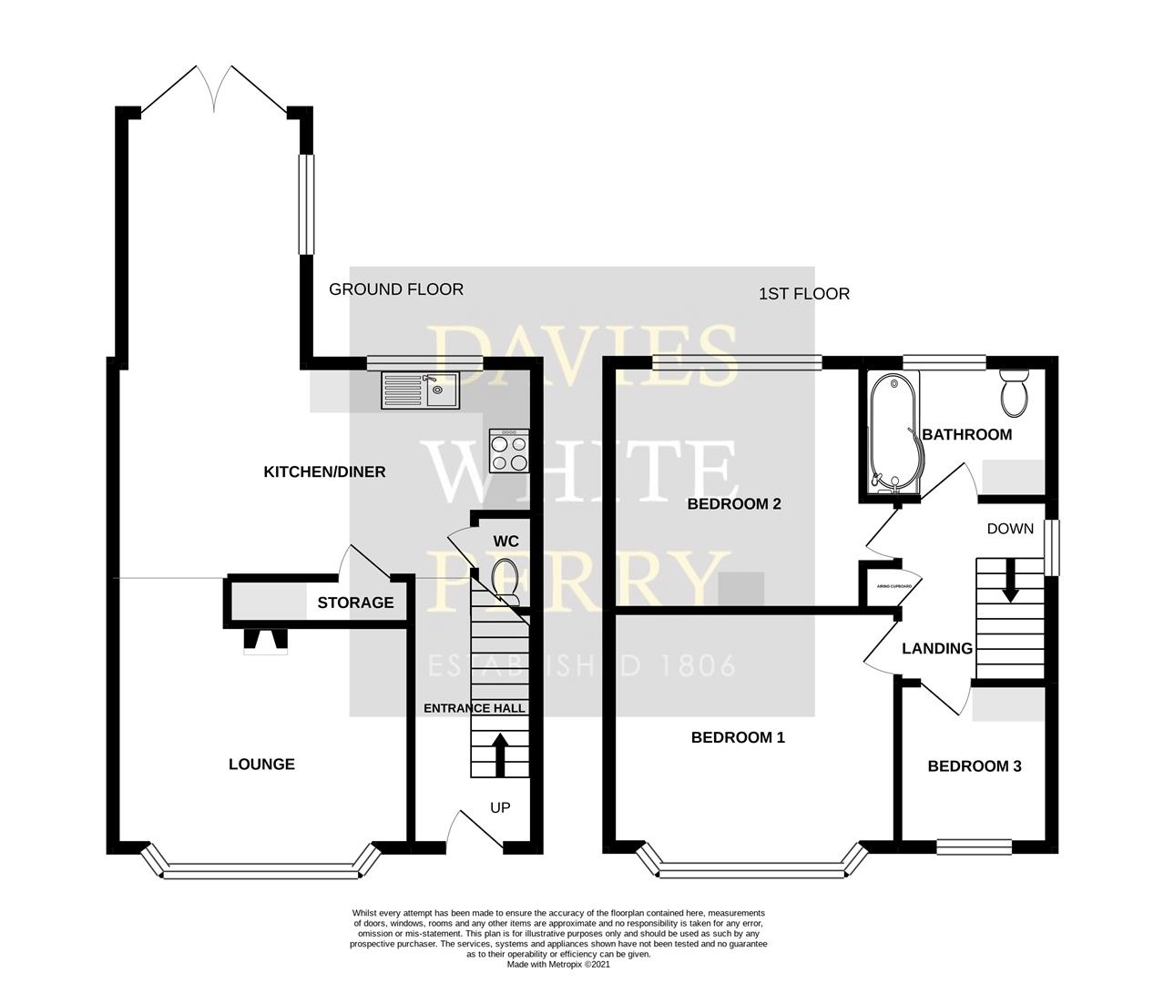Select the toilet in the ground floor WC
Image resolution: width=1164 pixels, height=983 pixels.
tap(505, 581)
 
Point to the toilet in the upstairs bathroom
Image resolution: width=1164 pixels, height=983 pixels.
tap(1013, 392)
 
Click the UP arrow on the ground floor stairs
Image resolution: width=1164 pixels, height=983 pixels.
tap(500, 753)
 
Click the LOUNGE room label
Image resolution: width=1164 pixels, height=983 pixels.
tap(261, 765)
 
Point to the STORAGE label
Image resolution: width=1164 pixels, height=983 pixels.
tap(355, 603)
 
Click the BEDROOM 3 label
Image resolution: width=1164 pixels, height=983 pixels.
tap(974, 766)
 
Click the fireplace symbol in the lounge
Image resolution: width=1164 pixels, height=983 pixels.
tap(265, 642)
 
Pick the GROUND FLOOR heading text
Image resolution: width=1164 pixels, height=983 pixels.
tap(396, 289)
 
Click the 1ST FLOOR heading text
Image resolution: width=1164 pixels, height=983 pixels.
tap(803, 294)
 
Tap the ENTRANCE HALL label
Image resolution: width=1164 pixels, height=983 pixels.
tap(475, 708)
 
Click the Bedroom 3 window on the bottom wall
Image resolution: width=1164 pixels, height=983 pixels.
tap(974, 846)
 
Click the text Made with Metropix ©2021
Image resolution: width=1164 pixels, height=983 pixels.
tap(558, 964)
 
